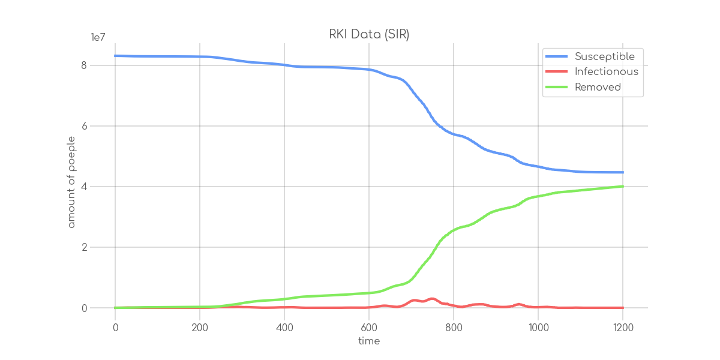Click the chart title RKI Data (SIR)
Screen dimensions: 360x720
point(369,35)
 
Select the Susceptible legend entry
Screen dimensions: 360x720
point(604,56)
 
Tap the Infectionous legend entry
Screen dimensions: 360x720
point(606,72)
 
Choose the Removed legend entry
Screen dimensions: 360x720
point(598,88)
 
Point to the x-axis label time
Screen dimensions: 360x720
point(369,341)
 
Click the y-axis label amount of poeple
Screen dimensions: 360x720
point(71,186)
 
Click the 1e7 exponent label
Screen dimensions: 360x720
point(98,38)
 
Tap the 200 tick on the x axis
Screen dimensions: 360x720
point(200,328)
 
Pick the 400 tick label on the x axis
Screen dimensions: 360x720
point(284,328)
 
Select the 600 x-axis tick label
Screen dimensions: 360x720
point(369,328)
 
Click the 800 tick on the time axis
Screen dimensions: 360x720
point(454,328)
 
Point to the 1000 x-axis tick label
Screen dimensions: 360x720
point(538,328)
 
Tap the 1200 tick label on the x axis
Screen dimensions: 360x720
point(623,328)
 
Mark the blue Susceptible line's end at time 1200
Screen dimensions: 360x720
point(622,173)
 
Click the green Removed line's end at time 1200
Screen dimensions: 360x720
point(622,187)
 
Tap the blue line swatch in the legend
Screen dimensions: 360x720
point(556,56)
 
